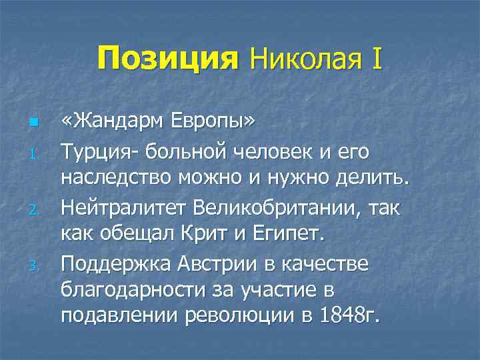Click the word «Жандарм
118,122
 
